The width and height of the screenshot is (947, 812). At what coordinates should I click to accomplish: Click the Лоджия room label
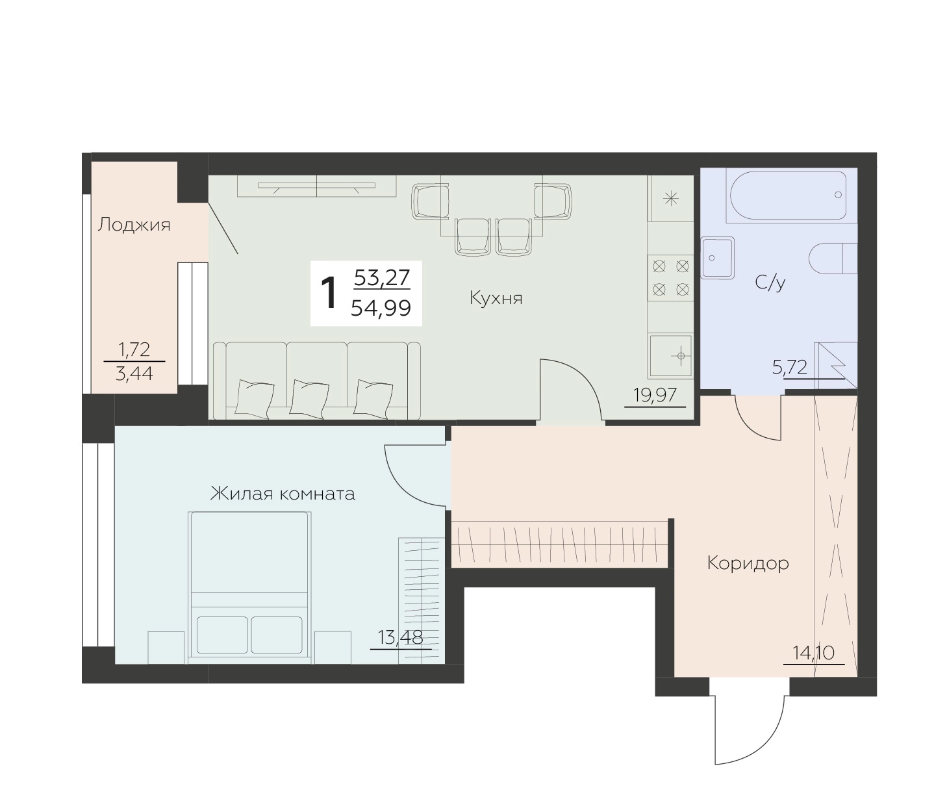pos(134,225)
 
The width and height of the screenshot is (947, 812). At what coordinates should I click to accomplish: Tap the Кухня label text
pos(496,299)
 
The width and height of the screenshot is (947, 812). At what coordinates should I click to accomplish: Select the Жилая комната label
pos(283,494)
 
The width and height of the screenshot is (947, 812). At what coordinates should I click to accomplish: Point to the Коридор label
pos(748,564)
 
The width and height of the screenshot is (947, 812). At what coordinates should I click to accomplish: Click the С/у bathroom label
pos(770,283)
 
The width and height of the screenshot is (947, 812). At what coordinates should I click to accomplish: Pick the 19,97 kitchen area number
pos(655,394)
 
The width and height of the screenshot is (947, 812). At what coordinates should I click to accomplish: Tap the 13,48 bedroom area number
pos(400,637)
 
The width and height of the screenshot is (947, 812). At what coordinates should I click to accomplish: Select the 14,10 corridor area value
pos(814,653)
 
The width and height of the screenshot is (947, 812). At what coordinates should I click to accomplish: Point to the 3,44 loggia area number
pos(134,374)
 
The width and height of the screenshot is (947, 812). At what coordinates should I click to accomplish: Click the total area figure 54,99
pos(381,309)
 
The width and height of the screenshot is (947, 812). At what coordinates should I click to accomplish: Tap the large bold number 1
pos(329,294)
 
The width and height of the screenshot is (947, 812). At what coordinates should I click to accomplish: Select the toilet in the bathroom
pos(833,259)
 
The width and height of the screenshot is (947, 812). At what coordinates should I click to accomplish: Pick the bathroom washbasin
pos(718,257)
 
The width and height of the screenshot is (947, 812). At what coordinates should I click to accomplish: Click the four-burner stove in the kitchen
pos(671,277)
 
